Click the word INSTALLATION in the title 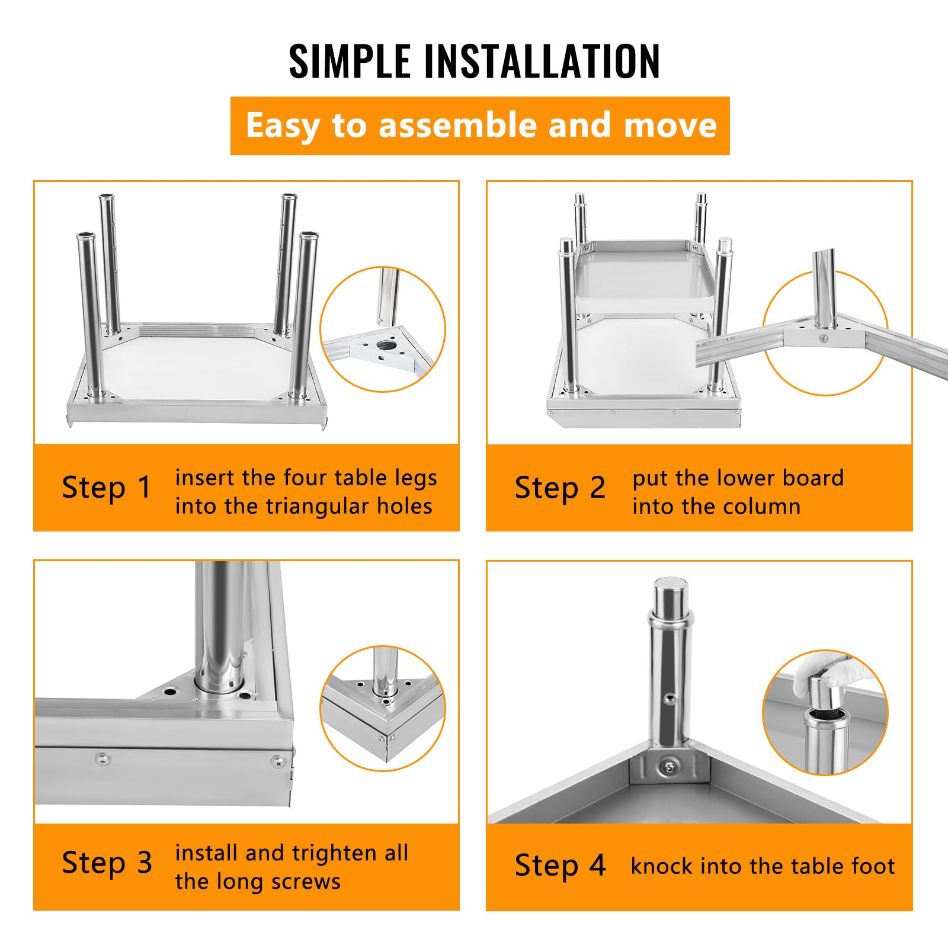[542, 60]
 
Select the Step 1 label [107, 488]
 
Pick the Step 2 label [560, 488]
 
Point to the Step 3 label [107, 863]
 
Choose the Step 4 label [560, 865]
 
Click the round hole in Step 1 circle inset [386, 344]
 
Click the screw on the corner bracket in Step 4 [669, 768]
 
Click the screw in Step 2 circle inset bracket [823, 338]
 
